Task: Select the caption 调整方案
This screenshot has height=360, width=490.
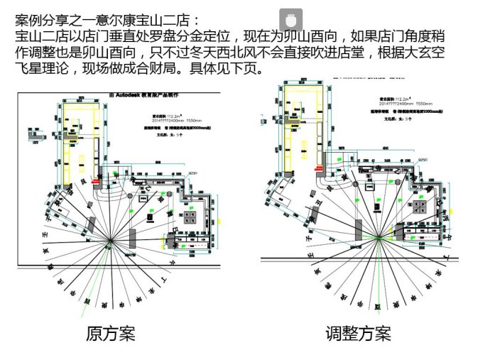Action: coord(358,333)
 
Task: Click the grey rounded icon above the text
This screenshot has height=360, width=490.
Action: coord(290,19)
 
